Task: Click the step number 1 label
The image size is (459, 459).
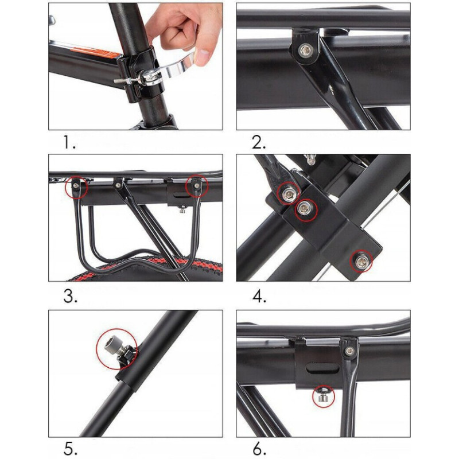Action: tap(69, 143)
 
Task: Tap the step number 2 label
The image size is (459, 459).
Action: tap(259, 143)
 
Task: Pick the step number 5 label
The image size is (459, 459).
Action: tap(70, 450)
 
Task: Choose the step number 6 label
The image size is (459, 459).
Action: tap(259, 450)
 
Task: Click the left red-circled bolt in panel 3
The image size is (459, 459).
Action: tap(76, 185)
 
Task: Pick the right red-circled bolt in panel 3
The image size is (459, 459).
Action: tap(197, 185)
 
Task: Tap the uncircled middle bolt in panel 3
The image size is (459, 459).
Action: tap(118, 185)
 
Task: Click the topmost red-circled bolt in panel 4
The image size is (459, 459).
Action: tap(289, 193)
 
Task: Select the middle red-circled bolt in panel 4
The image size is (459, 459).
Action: tap(305, 209)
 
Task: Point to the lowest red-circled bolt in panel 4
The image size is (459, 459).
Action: tap(361, 260)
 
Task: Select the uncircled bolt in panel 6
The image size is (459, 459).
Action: tap(349, 351)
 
